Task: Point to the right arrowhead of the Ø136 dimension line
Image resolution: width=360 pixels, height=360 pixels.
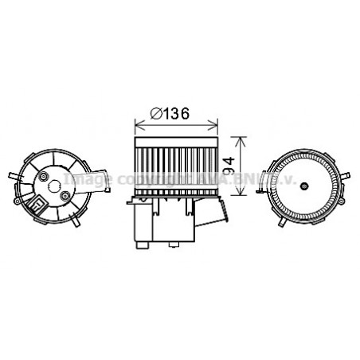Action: click(x=215, y=125)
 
